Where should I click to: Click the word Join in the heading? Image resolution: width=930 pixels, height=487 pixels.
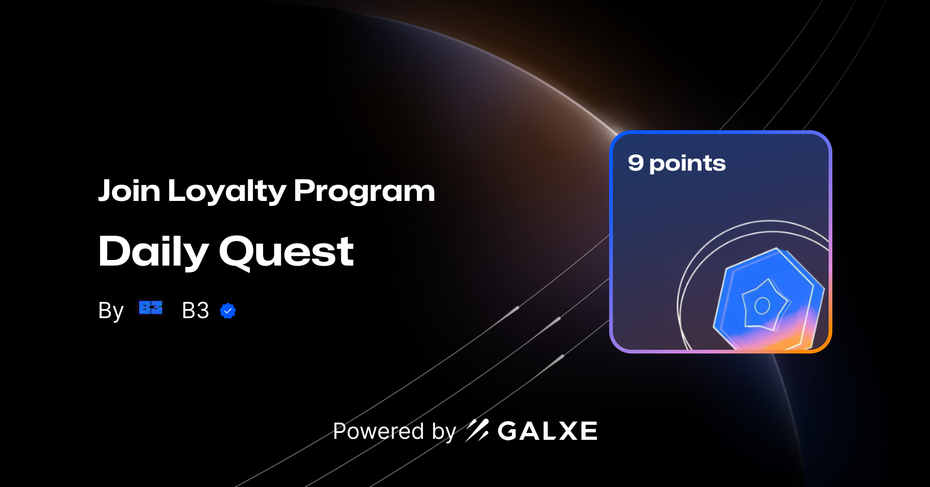click(129, 191)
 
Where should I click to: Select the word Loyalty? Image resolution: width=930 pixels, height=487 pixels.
click(227, 192)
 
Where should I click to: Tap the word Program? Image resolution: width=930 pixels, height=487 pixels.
click(364, 192)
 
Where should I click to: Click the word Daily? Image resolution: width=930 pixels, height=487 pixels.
click(153, 252)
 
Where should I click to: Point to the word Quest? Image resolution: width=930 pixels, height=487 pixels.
click(286, 252)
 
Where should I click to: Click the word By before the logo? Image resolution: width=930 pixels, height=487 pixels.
click(111, 311)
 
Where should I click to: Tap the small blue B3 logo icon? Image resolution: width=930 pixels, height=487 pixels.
click(151, 307)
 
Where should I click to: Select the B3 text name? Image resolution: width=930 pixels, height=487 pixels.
click(195, 310)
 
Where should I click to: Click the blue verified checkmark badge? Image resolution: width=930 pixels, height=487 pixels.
click(228, 311)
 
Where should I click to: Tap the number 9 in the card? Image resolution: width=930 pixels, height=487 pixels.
click(636, 162)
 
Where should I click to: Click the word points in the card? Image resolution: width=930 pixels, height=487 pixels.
click(687, 164)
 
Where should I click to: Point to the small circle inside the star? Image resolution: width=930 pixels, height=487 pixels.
click(762, 306)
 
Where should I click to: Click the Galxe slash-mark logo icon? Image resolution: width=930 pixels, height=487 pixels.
click(477, 430)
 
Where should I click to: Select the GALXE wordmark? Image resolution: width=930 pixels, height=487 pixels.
click(547, 431)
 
